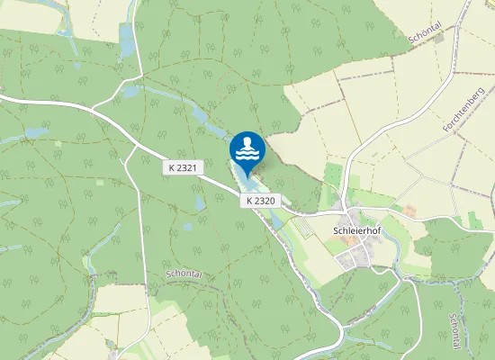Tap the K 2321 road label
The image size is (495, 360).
click(x=181, y=168)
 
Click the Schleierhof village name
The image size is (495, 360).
click(x=358, y=230)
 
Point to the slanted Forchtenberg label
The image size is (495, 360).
click(x=463, y=111)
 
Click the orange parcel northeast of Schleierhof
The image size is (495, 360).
click(x=410, y=211)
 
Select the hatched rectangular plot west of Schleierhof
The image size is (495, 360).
click(x=305, y=228)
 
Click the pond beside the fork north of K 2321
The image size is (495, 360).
click(x=131, y=91)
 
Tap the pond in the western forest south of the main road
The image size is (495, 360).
click(x=36, y=132)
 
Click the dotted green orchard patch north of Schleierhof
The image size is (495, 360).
click(x=334, y=176)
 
